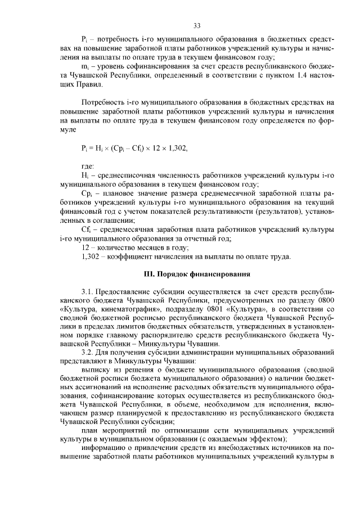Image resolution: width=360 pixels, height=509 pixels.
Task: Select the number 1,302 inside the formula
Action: [x=175, y=148]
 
